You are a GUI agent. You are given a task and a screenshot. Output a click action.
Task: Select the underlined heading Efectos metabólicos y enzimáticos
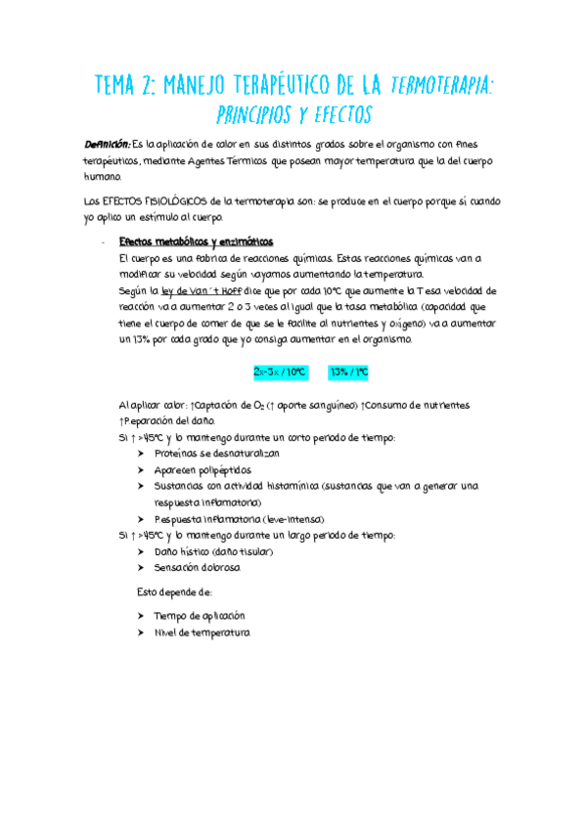click(196, 241)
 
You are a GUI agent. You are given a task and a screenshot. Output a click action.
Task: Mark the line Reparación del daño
click(164, 421)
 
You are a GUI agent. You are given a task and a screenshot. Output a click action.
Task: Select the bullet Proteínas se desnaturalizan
click(216, 455)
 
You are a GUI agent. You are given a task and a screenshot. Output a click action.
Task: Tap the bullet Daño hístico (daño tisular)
click(213, 552)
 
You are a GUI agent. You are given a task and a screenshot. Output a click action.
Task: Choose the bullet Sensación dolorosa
click(197, 568)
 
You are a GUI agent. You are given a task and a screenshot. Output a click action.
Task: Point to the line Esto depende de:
click(174, 592)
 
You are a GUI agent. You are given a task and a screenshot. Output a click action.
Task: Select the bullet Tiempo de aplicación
click(199, 617)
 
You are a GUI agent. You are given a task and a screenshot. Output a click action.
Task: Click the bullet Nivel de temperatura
click(201, 633)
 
